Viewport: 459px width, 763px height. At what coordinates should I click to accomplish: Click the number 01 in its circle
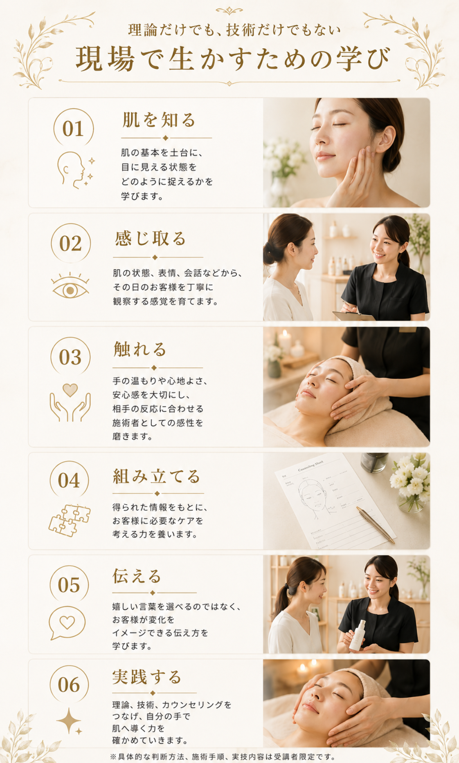[x=74, y=128]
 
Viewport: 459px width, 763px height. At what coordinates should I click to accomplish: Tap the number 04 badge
[x=69, y=480]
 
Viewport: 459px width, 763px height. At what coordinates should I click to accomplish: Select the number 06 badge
[x=69, y=685]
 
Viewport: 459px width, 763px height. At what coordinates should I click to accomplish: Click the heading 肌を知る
[x=159, y=120]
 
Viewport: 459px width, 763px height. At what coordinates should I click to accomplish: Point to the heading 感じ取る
[x=151, y=239]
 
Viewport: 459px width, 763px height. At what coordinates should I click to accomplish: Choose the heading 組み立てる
[x=157, y=477]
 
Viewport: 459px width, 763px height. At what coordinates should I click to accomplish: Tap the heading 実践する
[x=147, y=677]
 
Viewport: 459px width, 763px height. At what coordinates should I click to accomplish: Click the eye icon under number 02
[x=70, y=286]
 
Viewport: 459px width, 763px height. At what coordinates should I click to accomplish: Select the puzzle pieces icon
[x=70, y=520]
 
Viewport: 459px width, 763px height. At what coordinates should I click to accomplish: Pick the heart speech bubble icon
[x=67, y=623]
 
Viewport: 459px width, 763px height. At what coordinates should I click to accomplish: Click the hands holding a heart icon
[x=70, y=403]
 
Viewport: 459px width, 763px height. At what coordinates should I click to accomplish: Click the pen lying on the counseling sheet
[x=376, y=525]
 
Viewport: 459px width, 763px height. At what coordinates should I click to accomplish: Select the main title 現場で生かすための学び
[x=233, y=59]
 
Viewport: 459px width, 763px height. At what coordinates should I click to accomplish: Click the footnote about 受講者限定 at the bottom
[x=223, y=756]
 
